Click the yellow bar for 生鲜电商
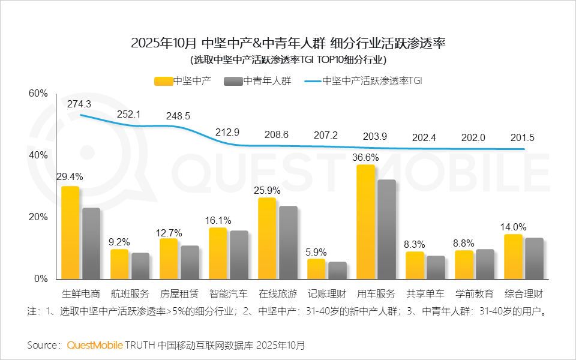pos(70,233)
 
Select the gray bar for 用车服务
pos(386,229)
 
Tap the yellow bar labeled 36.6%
pos(365,222)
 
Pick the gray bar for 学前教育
pos(485,264)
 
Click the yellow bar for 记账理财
pos(316,269)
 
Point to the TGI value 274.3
pos(79,104)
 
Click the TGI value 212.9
pos(228,132)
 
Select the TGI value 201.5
pos(522,137)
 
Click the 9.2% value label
pos(120,242)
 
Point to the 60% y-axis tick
pos(38,94)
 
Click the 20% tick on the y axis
pos(38,217)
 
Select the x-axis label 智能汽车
pos(228,295)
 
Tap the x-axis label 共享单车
pos(425,295)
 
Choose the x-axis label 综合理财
pos(524,295)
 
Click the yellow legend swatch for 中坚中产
pos(163,81)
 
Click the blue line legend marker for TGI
pos(313,81)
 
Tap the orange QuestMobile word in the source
pos(95,345)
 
